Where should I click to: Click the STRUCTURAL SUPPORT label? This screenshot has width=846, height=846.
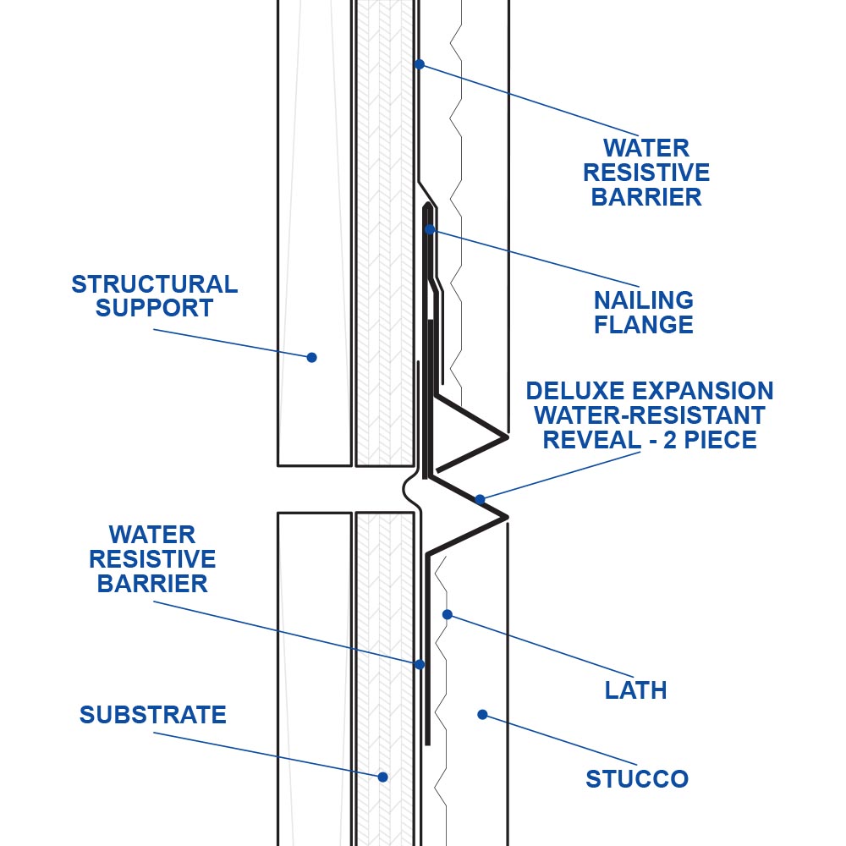click(154, 295)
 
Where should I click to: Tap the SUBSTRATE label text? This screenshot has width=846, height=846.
click(153, 715)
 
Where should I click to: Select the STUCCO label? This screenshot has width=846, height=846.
click(637, 778)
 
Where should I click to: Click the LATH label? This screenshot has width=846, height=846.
click(636, 690)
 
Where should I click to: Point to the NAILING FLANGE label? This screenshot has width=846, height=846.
click(643, 312)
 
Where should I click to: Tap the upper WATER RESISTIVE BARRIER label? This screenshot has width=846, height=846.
click(646, 173)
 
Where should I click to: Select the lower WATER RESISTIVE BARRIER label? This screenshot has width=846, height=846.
click(152, 559)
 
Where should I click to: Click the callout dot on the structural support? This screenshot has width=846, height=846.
click(311, 357)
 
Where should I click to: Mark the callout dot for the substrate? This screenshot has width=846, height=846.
click(382, 777)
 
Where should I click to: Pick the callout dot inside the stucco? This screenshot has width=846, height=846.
click(482, 715)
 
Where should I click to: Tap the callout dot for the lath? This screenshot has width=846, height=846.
click(448, 614)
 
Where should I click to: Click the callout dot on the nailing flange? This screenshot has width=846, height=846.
click(430, 229)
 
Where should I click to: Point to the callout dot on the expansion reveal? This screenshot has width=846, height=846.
click(480, 499)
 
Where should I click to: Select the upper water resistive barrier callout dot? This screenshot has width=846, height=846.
click(418, 63)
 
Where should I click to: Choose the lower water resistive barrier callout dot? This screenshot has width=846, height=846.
click(419, 664)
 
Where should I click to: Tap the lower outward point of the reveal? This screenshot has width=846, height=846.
click(506, 516)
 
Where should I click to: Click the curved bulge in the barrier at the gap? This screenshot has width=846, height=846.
click(409, 490)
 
